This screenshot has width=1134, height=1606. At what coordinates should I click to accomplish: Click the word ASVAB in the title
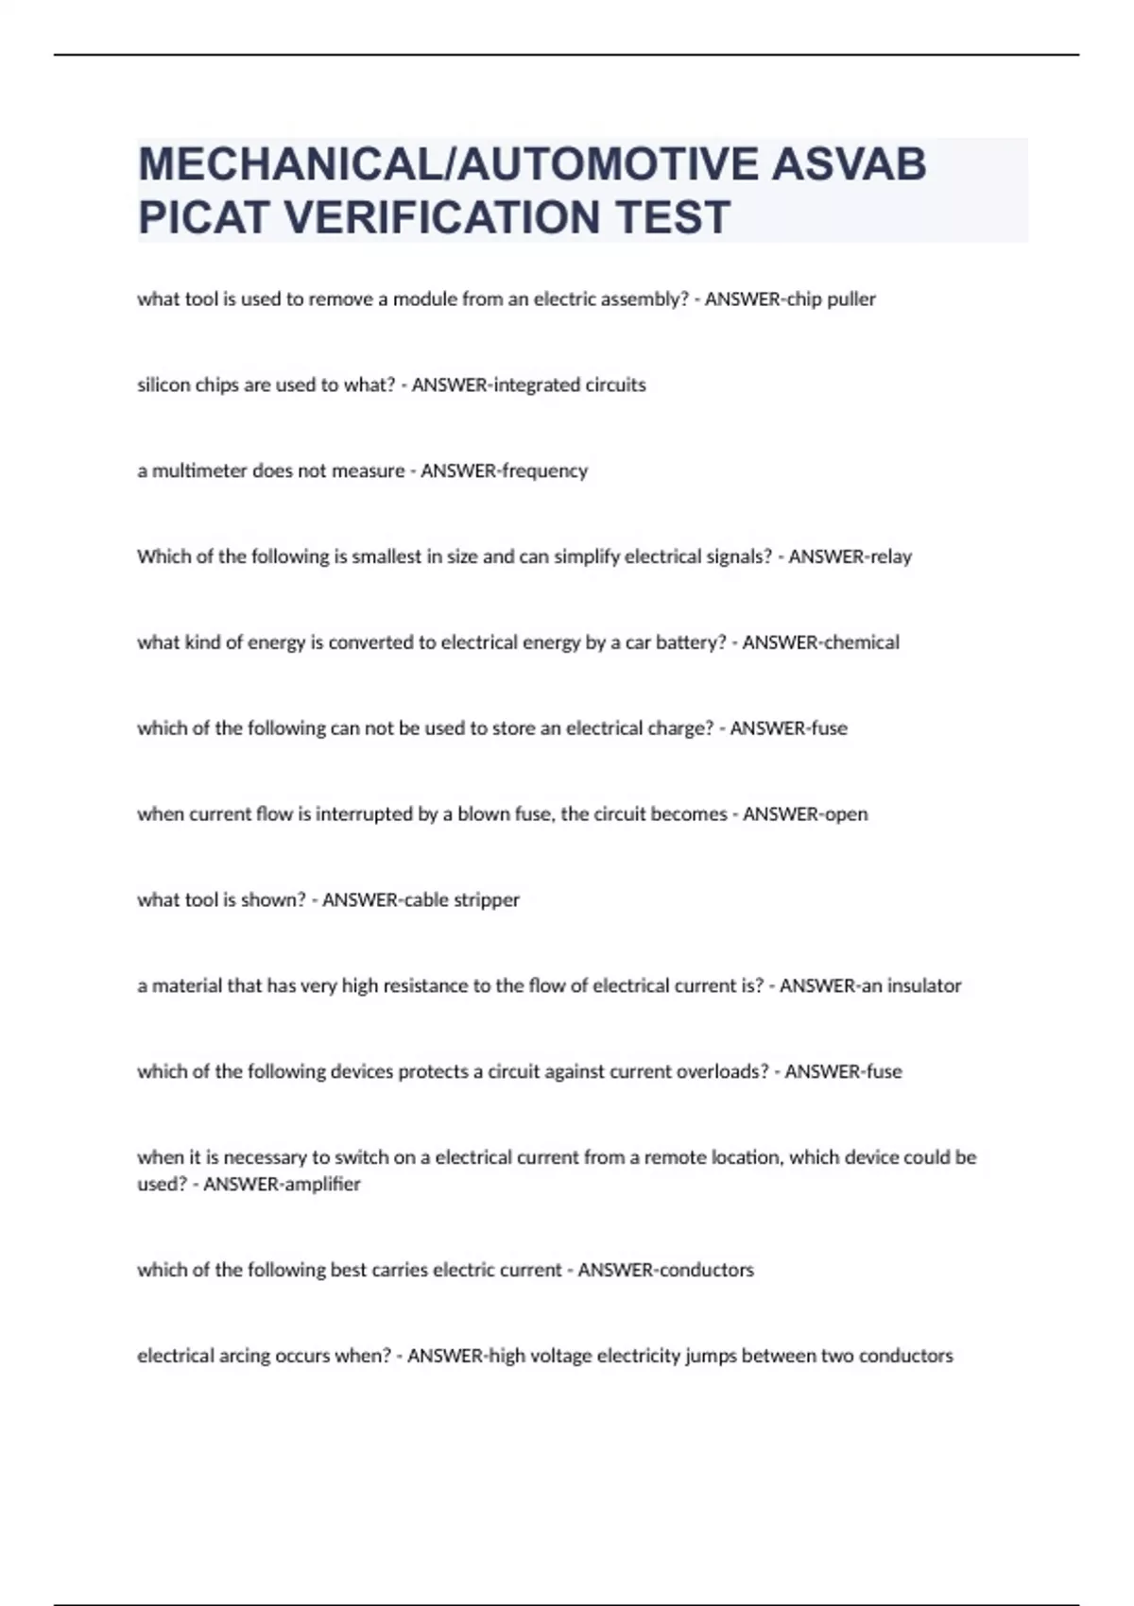849,164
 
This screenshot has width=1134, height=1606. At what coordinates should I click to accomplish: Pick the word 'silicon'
163,385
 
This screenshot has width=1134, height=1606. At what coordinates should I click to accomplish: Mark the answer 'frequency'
545,471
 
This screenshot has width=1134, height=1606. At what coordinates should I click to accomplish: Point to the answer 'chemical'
861,643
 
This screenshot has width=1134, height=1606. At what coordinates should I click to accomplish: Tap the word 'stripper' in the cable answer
487,900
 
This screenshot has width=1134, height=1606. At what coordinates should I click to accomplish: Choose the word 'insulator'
923,986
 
